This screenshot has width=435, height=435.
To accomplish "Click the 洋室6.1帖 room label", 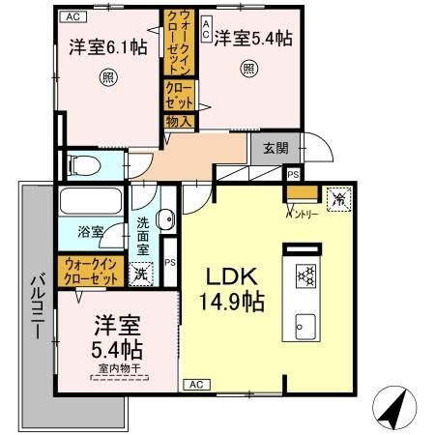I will [x=107, y=44].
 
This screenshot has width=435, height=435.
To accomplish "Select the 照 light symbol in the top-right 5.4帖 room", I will [x=248, y=69].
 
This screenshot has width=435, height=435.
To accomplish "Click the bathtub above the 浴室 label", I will [x=89, y=204].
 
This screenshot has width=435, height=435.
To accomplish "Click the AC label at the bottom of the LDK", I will [x=193, y=384].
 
